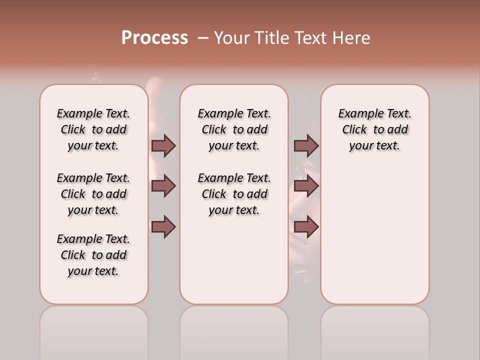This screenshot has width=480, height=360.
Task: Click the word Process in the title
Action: click(x=154, y=38)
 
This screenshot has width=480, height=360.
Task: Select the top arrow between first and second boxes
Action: click(x=163, y=145)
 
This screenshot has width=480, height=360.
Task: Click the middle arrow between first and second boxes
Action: click(x=163, y=186)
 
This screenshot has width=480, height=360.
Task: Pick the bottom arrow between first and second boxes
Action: click(x=163, y=227)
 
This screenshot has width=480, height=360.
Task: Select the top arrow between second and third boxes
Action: click(x=306, y=145)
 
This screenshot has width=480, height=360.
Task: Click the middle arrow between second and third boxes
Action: click(x=306, y=186)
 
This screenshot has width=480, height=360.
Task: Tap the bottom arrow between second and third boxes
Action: click(x=306, y=227)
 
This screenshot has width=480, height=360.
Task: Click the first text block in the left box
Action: click(x=93, y=129)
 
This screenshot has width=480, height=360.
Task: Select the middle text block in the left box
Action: click(x=93, y=194)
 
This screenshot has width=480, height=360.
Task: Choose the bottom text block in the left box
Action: click(x=93, y=255)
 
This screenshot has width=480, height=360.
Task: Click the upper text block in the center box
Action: click(x=234, y=129)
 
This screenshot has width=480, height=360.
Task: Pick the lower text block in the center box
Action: click(x=234, y=194)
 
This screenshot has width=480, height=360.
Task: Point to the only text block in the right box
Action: click(x=374, y=129)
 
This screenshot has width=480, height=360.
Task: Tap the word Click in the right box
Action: click(x=354, y=130)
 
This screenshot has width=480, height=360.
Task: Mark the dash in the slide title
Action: click(x=203, y=38)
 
